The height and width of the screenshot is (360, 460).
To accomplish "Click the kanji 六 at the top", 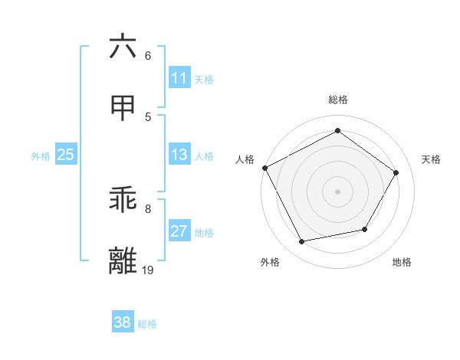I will pos(123,47).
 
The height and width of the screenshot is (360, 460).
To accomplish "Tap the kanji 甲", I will pos(123,109).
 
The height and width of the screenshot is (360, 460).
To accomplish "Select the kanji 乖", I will pos(123,201).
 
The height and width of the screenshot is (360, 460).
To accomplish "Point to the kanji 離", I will pos(123,262).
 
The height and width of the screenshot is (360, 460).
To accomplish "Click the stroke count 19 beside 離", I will pos(147,270).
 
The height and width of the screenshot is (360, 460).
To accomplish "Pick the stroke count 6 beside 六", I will pos(147,55).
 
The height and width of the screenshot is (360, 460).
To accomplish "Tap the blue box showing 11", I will pos(179,78).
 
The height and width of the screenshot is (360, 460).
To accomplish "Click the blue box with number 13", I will pos(179,155).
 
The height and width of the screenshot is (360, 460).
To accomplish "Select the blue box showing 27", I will pos(179,231).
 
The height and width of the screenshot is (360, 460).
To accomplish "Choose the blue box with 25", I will pos(65,155).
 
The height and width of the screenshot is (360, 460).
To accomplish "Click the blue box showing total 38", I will pos(123,322).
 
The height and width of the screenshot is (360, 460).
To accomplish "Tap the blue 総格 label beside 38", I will pos(147,324).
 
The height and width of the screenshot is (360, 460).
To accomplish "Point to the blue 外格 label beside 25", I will pos(41,156).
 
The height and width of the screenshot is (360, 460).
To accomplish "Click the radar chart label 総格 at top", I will pos(337,100).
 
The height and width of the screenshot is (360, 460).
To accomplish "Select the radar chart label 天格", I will pos(432,159).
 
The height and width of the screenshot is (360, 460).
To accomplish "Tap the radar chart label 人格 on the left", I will pos(245,159).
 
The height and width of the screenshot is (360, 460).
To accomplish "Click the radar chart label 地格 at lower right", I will pos(402,262).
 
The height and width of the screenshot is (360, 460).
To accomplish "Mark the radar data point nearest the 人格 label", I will pos(264,168).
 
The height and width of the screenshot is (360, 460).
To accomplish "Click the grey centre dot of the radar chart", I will pos(337,191).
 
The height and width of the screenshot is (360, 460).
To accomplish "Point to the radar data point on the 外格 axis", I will pos(302,242).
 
